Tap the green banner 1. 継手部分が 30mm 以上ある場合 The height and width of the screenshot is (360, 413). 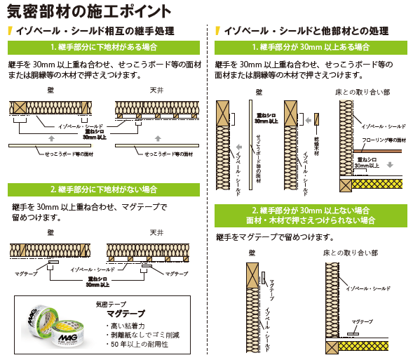click(x=311, y=47)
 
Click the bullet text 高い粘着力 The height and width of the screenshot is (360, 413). click(x=127, y=326)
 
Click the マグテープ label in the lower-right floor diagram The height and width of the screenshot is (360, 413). click(x=363, y=321)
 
